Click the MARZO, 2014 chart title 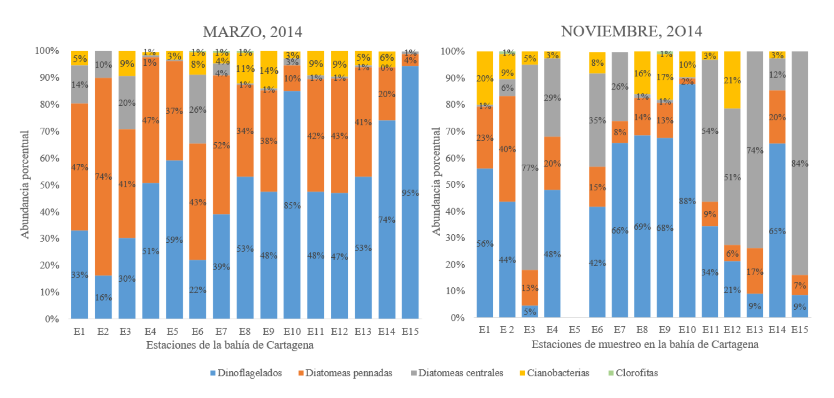click(x=252, y=32)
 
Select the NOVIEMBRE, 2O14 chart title click(x=631, y=31)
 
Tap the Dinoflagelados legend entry click(x=246, y=373)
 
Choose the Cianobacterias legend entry click(x=554, y=373)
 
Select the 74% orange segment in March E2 click(x=103, y=177)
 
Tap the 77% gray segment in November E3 click(x=530, y=167)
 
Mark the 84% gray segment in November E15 click(x=800, y=163)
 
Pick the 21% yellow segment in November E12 click(x=732, y=80)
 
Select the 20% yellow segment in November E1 click(x=485, y=78)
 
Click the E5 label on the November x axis click(x=574, y=330)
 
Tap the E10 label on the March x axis click(x=292, y=332)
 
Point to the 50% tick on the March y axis click(x=47, y=185)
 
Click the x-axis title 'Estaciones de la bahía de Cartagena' click(x=230, y=345)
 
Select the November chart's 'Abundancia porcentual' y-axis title click(x=436, y=181)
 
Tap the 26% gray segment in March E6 click(x=198, y=109)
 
